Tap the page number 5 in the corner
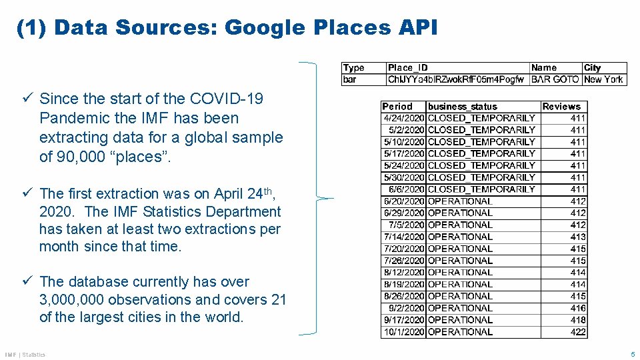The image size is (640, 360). tap(633, 354)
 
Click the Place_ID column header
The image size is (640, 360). tap(408, 67)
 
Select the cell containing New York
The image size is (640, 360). tap(603, 79)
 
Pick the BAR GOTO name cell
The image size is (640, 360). tap(555, 79)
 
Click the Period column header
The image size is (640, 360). tap(397, 106)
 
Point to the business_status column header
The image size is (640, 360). tap(463, 106)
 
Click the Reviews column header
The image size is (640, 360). tap(561, 106)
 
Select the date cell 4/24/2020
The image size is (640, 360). tap(404, 118)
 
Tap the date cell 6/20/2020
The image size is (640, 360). tap(404, 201)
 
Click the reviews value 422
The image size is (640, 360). tap(578, 331)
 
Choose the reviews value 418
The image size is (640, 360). tap(578, 319)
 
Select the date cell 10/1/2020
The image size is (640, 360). tap(404, 331)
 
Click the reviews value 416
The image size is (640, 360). tap(578, 308)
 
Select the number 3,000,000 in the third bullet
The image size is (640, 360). tap(71, 300)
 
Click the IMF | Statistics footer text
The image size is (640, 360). tap(25, 355)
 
